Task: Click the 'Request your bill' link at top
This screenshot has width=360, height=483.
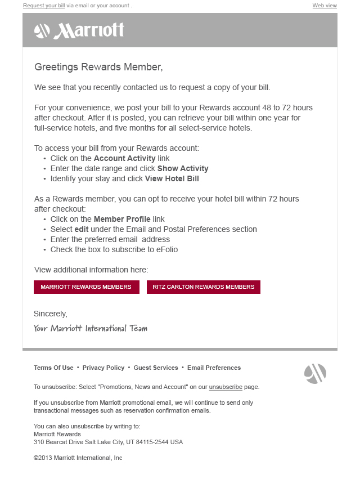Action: [x=44, y=6]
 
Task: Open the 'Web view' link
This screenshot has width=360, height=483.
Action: [x=325, y=6]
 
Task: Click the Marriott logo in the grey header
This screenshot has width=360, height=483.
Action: [x=79, y=30]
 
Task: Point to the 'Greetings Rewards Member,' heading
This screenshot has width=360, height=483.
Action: [x=98, y=67]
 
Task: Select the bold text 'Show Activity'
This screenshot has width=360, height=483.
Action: [x=183, y=168]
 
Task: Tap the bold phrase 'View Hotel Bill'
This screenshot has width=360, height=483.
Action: [x=172, y=178]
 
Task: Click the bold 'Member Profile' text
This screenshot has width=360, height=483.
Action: [x=122, y=219]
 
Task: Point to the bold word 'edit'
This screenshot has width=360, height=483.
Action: [x=82, y=229]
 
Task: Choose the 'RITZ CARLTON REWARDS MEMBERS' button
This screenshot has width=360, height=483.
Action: [x=204, y=287]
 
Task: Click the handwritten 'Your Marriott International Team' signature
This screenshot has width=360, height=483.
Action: [x=90, y=328]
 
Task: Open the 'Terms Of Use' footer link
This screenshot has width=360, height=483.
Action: [x=53, y=368]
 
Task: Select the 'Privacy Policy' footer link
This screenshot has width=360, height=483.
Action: [x=103, y=368]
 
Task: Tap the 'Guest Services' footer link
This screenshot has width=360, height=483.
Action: [x=156, y=368]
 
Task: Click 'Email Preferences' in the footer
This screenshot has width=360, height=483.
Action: [x=214, y=368]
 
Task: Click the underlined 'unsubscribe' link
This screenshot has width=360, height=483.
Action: [x=226, y=387]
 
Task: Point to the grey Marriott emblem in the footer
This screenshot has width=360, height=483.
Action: [x=315, y=374]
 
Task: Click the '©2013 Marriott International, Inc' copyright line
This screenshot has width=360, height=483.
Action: [x=78, y=458]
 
